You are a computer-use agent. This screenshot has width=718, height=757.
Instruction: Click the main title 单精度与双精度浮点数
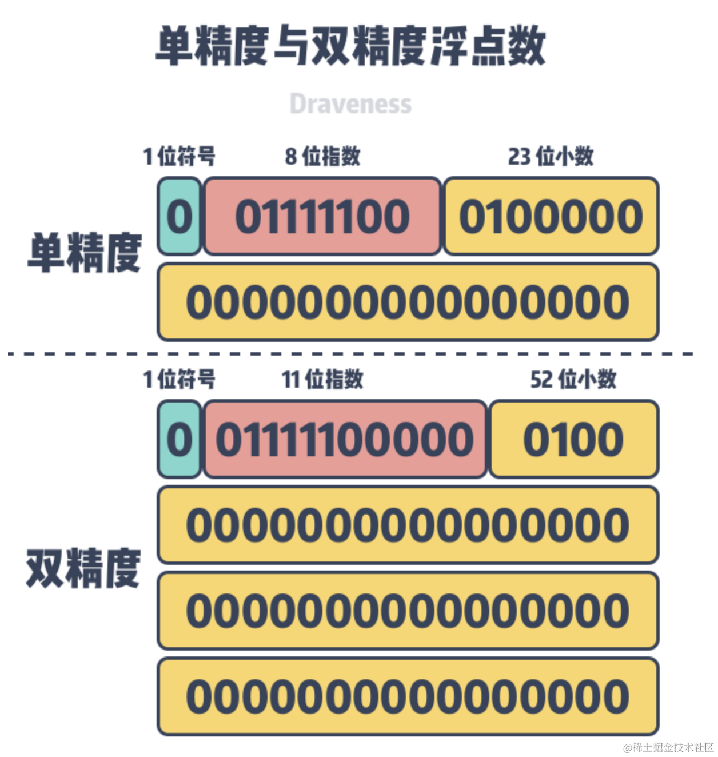pyautogui.click(x=350, y=46)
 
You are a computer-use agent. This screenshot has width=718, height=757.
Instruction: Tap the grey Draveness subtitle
pyautogui.click(x=350, y=104)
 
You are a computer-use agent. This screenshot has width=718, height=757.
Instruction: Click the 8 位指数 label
pyautogui.click(x=322, y=156)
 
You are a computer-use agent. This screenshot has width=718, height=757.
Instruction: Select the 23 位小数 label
pyautogui.click(x=551, y=156)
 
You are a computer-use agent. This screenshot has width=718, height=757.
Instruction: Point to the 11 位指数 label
pyautogui.click(x=322, y=379)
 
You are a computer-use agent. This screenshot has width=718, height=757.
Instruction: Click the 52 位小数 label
pyautogui.click(x=573, y=379)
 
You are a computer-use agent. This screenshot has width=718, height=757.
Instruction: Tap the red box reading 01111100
pyautogui.click(x=322, y=217)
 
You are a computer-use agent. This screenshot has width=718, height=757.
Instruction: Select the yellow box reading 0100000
pyautogui.click(x=551, y=217)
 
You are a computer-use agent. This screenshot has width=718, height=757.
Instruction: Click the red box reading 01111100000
pyautogui.click(x=345, y=440)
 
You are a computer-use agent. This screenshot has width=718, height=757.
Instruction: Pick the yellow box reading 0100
pyautogui.click(x=573, y=440)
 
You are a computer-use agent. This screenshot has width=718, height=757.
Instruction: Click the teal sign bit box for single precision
pyautogui.click(x=179, y=217)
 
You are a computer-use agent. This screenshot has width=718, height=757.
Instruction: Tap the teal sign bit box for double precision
pyautogui.click(x=179, y=440)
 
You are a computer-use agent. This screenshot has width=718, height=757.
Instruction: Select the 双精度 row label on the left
pyautogui.click(x=83, y=569)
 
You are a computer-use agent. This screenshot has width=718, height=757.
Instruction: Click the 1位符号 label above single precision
pyautogui.click(x=179, y=156)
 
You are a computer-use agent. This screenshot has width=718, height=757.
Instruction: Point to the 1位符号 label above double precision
pyautogui.click(x=179, y=379)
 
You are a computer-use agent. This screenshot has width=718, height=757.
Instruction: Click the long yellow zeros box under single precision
pyautogui.click(x=408, y=302)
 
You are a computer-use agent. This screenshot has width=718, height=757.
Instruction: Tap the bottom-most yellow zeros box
pyautogui.click(x=408, y=696)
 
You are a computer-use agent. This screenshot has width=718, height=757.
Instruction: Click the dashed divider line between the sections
pyautogui.click(x=350, y=354)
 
